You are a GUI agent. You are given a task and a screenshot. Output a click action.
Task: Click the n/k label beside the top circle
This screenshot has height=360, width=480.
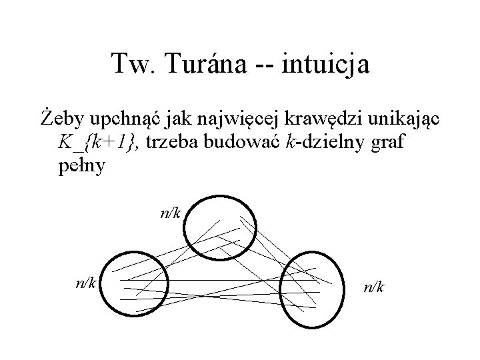[171, 213]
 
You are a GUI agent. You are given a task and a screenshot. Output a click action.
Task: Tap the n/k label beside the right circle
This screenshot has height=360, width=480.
[373, 287]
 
